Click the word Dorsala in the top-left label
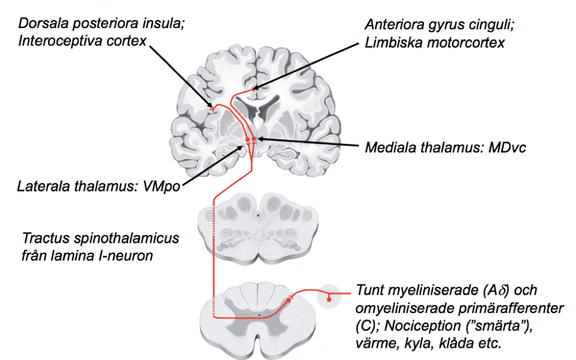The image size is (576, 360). coord(41,23)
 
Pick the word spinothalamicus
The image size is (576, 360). coord(122,238)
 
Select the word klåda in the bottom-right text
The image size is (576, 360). coord(452,343)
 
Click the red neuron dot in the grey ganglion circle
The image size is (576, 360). coord(329,298)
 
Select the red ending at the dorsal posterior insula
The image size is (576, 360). coord(212,110)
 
